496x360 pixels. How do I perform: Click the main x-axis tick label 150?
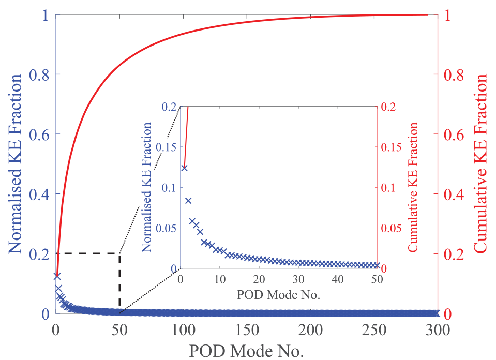(247, 329)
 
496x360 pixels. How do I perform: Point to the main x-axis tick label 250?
(374, 329)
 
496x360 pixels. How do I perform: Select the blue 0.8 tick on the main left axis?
(39, 74)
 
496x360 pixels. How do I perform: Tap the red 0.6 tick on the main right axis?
(454, 134)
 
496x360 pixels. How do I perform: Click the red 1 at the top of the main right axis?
(447, 15)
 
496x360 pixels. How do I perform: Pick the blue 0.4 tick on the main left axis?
(39, 194)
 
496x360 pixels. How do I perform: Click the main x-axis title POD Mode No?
(246, 351)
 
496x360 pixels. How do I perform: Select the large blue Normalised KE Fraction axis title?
(15, 164)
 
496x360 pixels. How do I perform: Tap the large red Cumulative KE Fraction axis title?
(480, 163)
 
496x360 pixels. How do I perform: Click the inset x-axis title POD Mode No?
(278, 294)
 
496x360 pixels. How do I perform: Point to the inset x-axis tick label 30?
(298, 279)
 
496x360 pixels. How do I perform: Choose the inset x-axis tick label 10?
(219, 279)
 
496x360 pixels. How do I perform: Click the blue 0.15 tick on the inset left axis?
(166, 147)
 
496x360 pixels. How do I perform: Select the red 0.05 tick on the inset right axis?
(391, 228)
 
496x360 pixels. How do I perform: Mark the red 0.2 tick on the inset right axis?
(388, 107)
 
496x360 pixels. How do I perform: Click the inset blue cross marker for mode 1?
(185, 168)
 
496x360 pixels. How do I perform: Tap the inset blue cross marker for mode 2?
(188, 201)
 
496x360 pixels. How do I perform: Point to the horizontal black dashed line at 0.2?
(88, 253)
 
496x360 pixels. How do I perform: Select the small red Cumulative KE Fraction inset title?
(413, 187)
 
